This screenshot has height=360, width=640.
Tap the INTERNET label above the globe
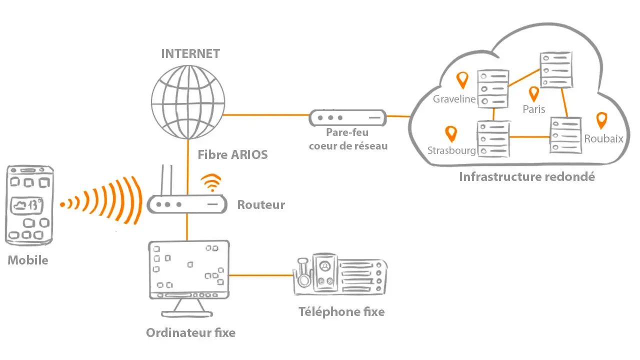pos(190,54)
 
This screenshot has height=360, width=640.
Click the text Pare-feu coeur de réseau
pos(348,139)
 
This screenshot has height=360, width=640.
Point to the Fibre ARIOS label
pos(232,154)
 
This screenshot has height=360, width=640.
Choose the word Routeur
pos(261,204)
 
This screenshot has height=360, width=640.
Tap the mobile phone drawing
pos(29,205)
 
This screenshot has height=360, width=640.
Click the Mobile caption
pos(28,260)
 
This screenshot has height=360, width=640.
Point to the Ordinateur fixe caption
pos(190,332)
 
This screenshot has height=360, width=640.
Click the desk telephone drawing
pos(340,274)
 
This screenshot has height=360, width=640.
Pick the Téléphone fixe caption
pos(341,312)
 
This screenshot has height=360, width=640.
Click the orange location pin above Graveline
pos(463,78)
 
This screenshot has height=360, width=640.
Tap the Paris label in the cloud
pos(533,108)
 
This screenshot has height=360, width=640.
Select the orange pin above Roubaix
pos(602,120)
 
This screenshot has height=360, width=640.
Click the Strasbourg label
pos(451,150)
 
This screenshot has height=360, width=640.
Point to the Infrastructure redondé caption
pos(527,176)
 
